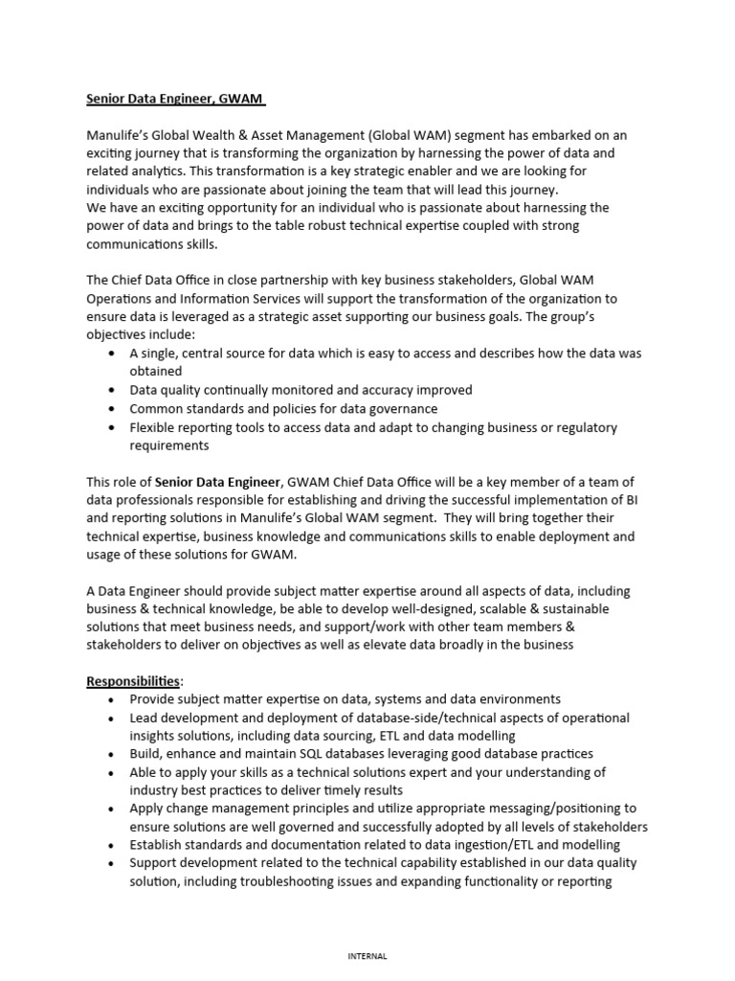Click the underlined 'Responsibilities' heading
[133, 681]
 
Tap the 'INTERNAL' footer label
[367, 955]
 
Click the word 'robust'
[310, 226]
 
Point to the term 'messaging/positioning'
[541, 809]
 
